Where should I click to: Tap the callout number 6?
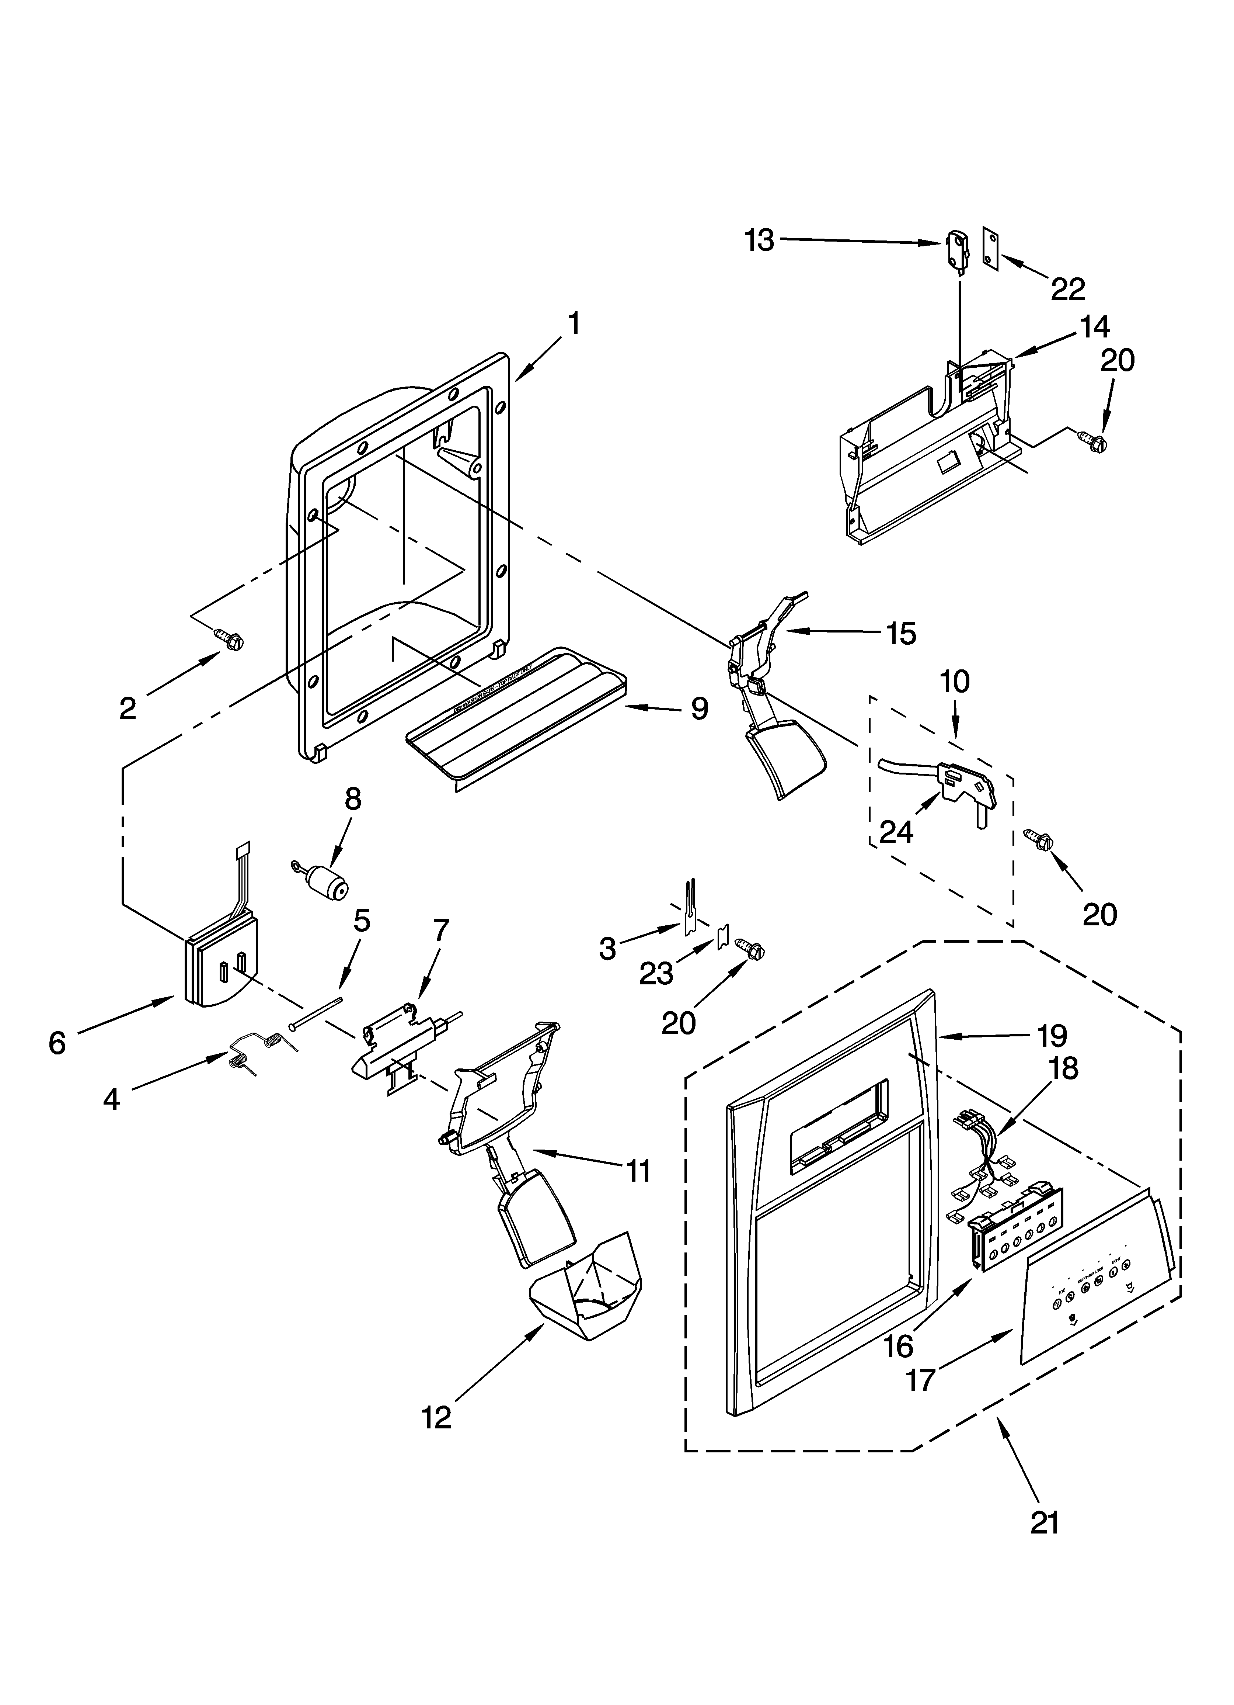57,1043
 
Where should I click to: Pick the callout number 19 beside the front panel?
1052,1036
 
